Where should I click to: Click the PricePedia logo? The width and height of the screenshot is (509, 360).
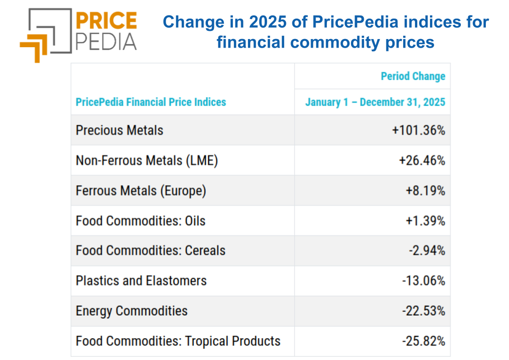click(x=78, y=34)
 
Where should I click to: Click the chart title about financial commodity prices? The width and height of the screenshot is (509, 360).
click(x=325, y=32)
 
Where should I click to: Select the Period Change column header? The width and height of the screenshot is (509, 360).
click(x=413, y=76)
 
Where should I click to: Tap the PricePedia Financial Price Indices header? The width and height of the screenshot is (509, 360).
click(x=151, y=102)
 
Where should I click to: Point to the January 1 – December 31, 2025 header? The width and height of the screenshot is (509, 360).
click(x=375, y=102)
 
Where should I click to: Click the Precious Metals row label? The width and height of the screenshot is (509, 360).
click(x=119, y=130)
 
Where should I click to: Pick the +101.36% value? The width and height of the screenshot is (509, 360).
click(x=419, y=130)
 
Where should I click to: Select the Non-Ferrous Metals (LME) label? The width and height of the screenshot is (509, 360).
click(x=147, y=161)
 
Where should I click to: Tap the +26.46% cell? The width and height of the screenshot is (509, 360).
click(x=422, y=161)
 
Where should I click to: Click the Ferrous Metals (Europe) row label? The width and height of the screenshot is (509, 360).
click(x=141, y=191)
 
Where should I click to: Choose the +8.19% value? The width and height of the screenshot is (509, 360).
click(x=425, y=191)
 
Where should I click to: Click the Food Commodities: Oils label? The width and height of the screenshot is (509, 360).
click(x=141, y=221)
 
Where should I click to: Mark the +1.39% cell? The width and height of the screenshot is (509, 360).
click(x=425, y=221)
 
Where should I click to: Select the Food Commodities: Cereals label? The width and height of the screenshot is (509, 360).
click(x=151, y=251)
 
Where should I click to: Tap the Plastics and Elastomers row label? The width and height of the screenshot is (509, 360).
click(x=141, y=281)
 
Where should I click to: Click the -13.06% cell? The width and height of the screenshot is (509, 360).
click(x=423, y=281)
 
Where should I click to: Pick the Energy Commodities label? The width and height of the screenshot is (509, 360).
click(x=132, y=311)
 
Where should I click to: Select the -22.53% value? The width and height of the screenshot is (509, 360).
click(x=423, y=311)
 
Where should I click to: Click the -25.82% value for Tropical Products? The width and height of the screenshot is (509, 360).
click(x=423, y=341)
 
